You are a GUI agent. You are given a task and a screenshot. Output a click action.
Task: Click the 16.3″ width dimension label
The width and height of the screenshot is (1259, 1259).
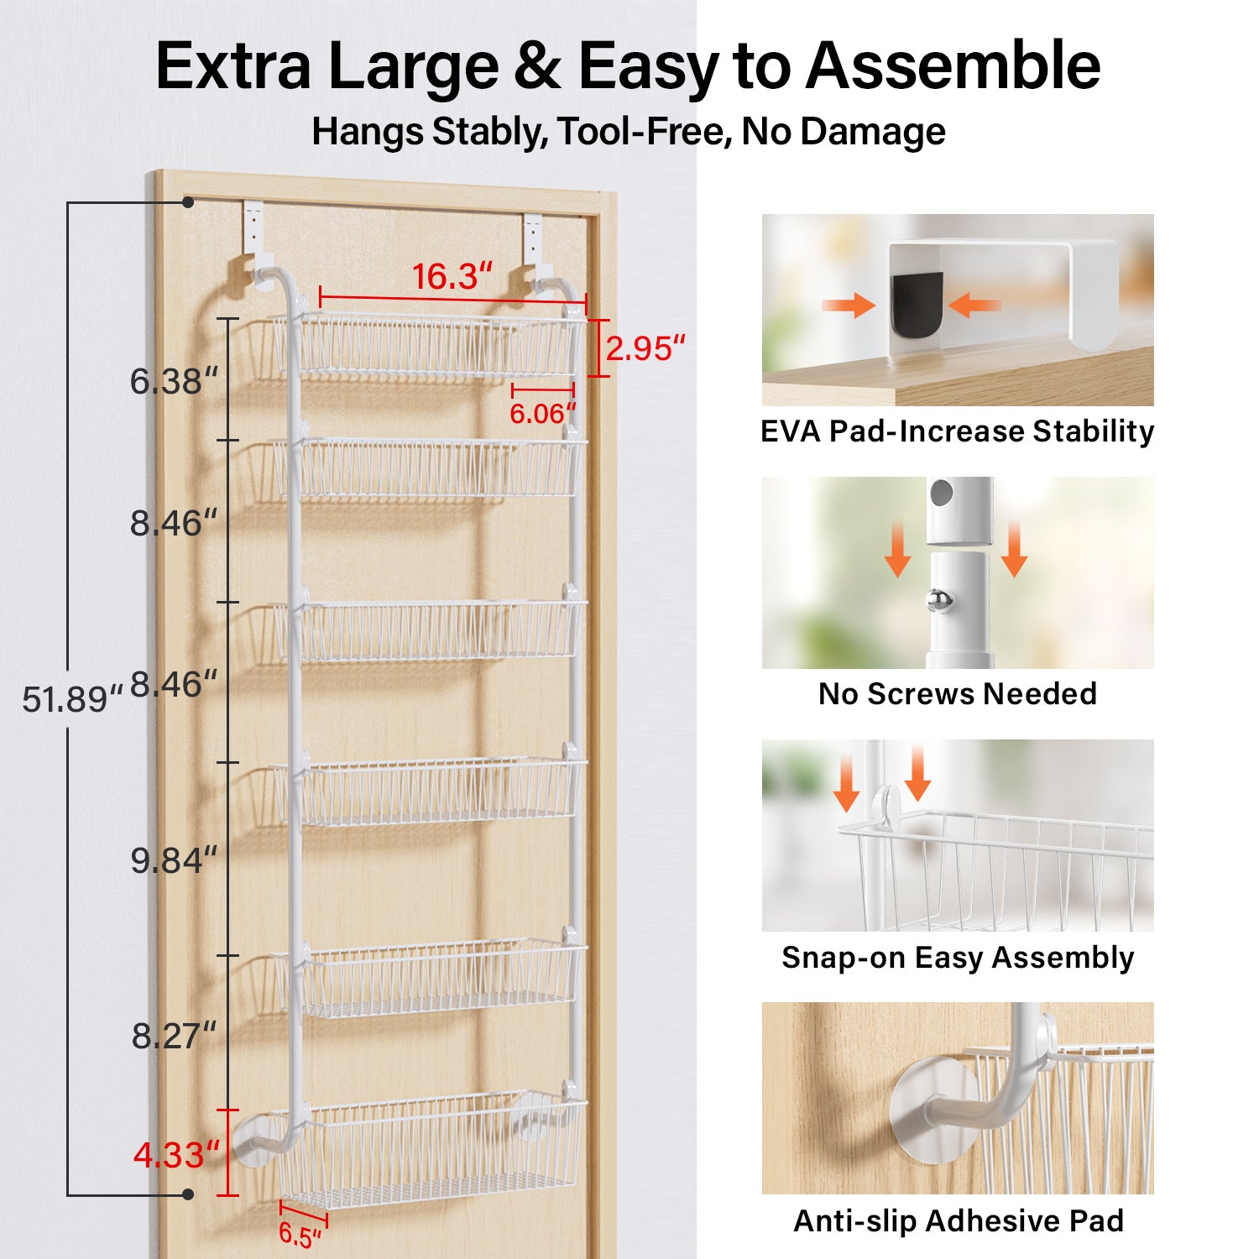coord(452,277)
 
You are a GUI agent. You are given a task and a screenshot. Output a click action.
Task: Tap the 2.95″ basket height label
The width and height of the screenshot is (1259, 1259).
coord(645,348)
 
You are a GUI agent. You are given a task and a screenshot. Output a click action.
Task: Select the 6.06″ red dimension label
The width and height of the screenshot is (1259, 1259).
coord(542,414)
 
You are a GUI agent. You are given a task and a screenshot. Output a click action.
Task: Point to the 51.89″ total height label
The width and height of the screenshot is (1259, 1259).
coord(71,699)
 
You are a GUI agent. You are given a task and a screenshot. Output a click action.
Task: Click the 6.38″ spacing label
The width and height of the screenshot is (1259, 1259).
coord(173,382)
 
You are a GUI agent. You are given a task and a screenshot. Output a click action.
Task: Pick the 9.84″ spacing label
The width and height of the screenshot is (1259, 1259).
coord(173,860)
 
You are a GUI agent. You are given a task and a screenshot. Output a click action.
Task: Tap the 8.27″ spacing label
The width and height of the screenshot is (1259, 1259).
coord(173,1036)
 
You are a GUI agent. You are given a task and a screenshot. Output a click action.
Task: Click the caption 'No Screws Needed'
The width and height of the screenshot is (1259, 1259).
coord(957,694)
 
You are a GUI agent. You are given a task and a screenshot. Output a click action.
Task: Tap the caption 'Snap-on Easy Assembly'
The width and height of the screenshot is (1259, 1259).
coord(957,958)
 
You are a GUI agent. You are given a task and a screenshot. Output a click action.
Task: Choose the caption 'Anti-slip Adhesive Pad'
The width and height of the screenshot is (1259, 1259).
coord(958,1220)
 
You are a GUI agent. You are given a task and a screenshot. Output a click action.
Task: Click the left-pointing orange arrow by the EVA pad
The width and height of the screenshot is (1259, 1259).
coord(973,305)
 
